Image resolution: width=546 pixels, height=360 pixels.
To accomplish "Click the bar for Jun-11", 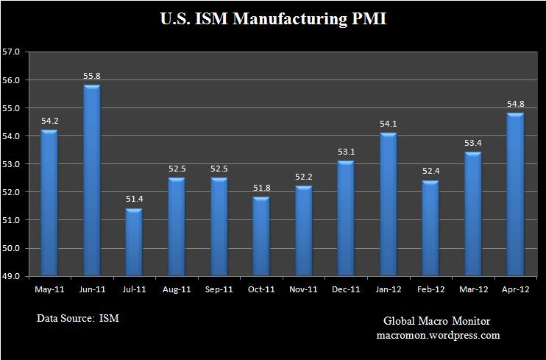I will tap(91, 181).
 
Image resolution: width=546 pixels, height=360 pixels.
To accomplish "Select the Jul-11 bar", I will tap(134, 242).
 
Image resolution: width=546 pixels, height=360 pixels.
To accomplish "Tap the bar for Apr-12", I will tap(515, 195).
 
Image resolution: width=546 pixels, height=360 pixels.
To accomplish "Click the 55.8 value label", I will tap(91, 77).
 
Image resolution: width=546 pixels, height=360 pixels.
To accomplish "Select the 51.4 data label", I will tap(134, 200).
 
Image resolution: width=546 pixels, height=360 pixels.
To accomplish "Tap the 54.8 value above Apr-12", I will tap(515, 105).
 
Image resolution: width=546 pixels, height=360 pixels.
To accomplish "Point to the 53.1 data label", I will tap(346, 152).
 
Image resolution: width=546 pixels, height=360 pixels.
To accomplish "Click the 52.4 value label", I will tap(430, 172).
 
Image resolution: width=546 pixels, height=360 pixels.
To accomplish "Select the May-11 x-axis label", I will tap(49, 290).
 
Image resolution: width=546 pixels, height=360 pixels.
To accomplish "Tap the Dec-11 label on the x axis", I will tap(346, 290).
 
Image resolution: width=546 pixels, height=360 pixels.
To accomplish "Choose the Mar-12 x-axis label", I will tap(472, 290).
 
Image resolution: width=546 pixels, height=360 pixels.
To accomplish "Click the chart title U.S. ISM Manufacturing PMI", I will tap(273, 18).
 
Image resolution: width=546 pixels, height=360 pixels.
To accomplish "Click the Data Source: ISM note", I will tap(77, 319).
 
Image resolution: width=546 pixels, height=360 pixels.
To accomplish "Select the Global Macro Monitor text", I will tap(436, 322).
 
